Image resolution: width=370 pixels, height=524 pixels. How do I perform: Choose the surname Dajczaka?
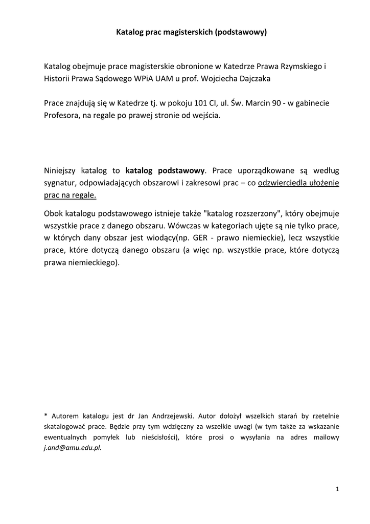click(x=253, y=79)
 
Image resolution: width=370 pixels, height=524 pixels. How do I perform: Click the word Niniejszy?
click(x=60, y=170)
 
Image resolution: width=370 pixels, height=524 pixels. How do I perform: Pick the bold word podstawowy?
click(x=181, y=170)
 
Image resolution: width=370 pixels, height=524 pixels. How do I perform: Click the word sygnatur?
click(x=60, y=183)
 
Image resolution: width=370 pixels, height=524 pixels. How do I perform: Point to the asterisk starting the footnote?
click(x=45, y=416)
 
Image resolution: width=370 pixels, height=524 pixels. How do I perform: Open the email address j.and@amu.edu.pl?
click(x=73, y=446)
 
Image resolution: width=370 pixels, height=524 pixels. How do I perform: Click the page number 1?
click(x=338, y=489)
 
